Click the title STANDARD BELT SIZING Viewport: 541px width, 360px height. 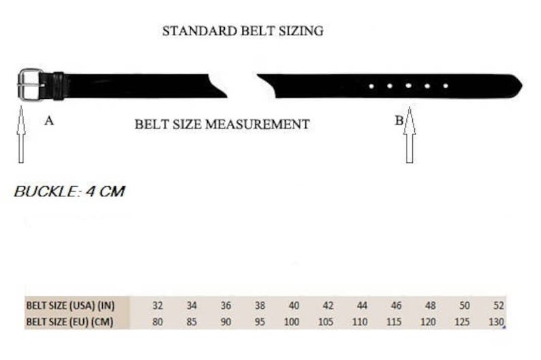[243, 31]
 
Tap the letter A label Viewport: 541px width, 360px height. [49, 121]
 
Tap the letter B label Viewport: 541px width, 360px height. [399, 121]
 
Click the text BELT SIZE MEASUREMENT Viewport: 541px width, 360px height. [222, 124]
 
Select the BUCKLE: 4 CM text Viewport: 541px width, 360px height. [69, 192]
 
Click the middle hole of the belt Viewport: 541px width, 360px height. [408, 86]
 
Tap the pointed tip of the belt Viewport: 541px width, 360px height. [519, 85]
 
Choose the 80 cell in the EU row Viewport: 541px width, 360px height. [158, 322]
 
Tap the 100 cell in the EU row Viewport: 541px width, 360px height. [293, 322]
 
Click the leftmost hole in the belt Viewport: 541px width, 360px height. [371, 86]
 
